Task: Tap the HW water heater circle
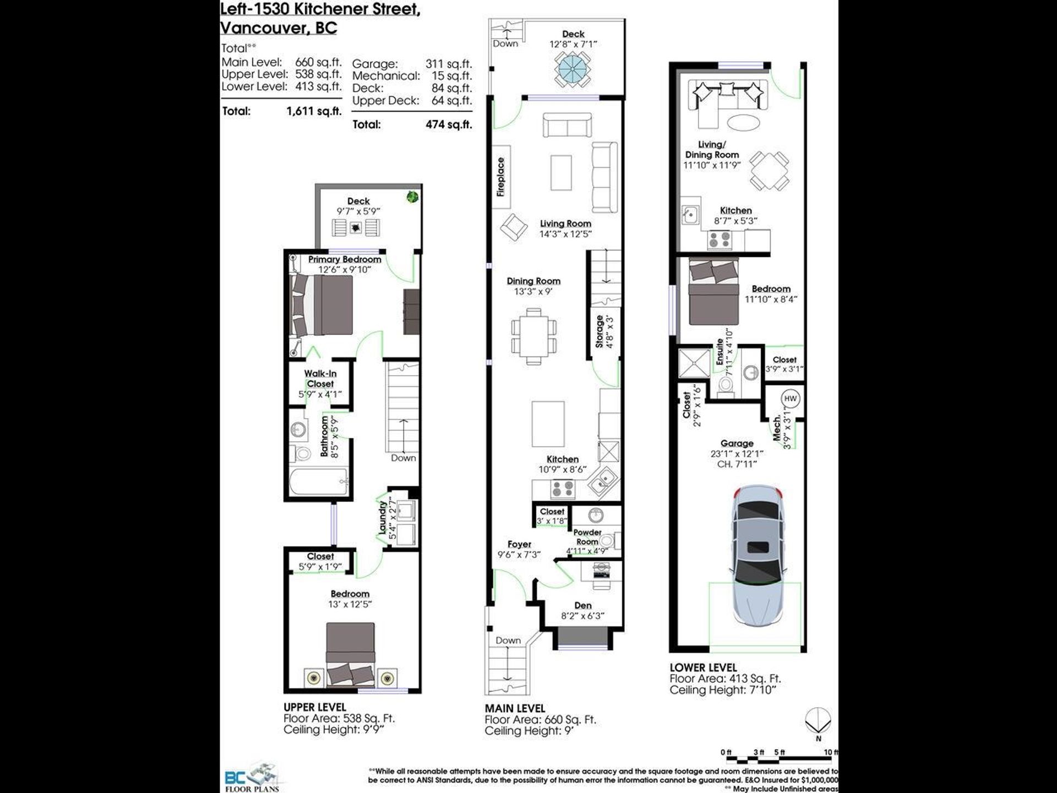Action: pos(790,399)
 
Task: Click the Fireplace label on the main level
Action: pos(500,177)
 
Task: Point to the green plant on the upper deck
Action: pos(412,197)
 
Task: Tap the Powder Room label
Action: pos(587,537)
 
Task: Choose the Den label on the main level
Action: pos(583,605)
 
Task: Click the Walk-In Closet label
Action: pos(320,379)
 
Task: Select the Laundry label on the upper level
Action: pos(382,518)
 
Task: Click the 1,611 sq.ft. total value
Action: pos(314,111)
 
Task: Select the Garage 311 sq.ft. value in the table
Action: pos(449,64)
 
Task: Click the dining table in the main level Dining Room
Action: pos(533,336)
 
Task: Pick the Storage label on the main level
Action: pos(600,332)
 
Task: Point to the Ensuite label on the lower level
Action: pos(720,351)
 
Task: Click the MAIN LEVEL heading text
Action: pos(515,708)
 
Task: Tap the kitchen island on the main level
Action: pos(548,424)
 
